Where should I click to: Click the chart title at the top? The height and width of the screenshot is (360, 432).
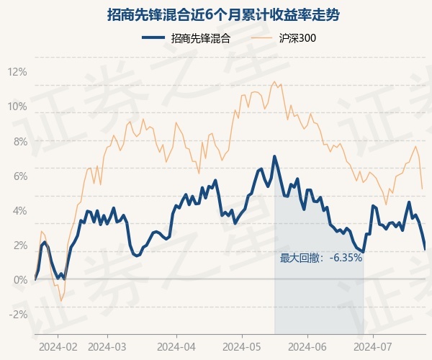(223, 15)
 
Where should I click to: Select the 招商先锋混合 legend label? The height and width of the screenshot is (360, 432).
(201, 38)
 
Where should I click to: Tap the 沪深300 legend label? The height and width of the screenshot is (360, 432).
(297, 38)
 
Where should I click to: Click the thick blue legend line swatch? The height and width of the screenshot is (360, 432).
(153, 37)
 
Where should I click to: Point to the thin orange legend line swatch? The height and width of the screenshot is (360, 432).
(262, 37)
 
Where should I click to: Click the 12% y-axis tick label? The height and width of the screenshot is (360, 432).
(17, 72)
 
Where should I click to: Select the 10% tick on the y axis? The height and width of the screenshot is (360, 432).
(17, 107)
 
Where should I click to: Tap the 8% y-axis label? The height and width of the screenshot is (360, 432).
(20, 142)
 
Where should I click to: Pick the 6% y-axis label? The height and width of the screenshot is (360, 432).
(20, 176)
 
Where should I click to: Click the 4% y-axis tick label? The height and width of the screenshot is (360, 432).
(20, 211)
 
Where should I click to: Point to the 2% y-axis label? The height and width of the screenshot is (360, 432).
(20, 246)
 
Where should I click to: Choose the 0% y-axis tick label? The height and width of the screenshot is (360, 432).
(20, 280)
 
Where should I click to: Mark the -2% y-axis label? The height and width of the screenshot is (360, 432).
(18, 315)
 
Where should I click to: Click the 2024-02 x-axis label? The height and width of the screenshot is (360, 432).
(58, 347)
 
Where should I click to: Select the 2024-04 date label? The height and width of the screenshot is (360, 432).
(176, 347)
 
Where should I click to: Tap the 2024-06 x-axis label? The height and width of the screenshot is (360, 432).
(307, 347)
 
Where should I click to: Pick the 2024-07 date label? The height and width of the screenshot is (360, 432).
(373, 347)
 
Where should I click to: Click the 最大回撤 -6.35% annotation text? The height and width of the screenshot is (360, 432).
(321, 258)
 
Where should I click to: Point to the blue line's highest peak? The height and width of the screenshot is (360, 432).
(274, 156)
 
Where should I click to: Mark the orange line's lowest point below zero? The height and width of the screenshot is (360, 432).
(61, 300)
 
